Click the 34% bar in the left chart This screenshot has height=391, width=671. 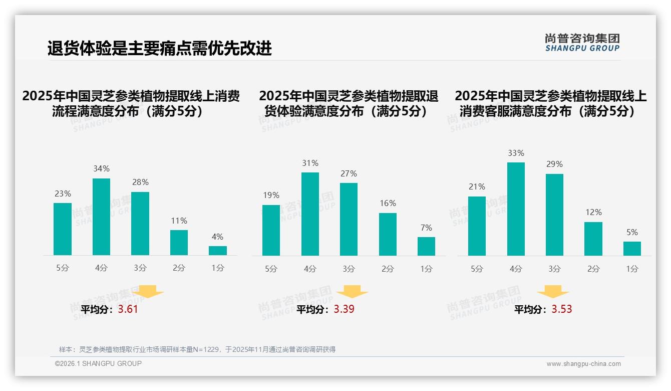pyautogui.click(x=101, y=217)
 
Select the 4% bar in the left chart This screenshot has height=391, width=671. pyautogui.click(x=218, y=251)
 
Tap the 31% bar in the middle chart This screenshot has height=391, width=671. pyautogui.click(x=310, y=214)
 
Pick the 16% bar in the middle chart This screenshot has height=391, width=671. pyautogui.click(x=388, y=234)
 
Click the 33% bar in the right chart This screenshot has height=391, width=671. pyautogui.click(x=516, y=209)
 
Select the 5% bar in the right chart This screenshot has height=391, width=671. pyautogui.click(x=632, y=249)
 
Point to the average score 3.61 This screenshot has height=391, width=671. pyautogui.click(x=128, y=309)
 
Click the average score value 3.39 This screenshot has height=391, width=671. pyautogui.click(x=344, y=309)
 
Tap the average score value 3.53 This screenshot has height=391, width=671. pyautogui.click(x=562, y=309)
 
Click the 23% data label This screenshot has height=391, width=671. pyautogui.click(x=63, y=193)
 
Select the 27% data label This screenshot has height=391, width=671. pyautogui.click(x=349, y=173)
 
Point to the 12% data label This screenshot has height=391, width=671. pyautogui.click(x=593, y=212)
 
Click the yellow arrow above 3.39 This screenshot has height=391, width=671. pyautogui.click(x=352, y=292)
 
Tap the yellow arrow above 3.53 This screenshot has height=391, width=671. pyautogui.click(x=553, y=292)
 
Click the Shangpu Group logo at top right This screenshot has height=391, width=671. pyautogui.click(x=582, y=43)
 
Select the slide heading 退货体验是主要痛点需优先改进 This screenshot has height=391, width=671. pyautogui.click(x=160, y=48)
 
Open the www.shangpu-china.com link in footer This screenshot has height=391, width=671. pyautogui.click(x=583, y=364)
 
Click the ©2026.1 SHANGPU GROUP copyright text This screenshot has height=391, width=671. pyautogui.click(x=98, y=363)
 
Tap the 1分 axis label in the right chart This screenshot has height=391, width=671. pyautogui.click(x=632, y=269)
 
